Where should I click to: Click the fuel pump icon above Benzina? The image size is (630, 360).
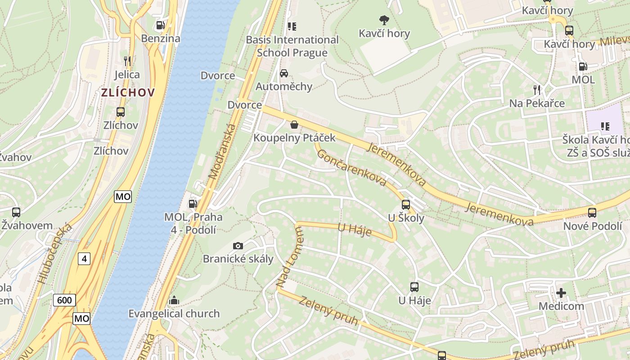point(160,25)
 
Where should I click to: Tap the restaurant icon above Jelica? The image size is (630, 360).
point(127,61)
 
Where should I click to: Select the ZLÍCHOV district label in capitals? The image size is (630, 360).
point(128,93)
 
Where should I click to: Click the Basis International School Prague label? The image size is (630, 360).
point(292,46)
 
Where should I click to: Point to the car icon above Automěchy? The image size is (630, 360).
point(284,73)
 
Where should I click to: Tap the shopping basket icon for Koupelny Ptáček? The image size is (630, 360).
point(294,124)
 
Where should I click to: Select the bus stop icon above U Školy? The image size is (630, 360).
point(406,205)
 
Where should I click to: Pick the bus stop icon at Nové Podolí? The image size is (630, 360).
point(592,213)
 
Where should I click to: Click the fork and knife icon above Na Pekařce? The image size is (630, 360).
point(536,90)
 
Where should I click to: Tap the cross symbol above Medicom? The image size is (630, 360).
point(561,293)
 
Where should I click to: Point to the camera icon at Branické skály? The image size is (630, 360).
point(238,246)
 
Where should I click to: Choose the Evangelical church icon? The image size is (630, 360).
point(174,300)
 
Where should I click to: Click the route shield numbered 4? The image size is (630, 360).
point(84,258)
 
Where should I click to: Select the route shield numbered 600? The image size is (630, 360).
point(65,300)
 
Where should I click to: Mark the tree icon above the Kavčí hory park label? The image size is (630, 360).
point(384,20)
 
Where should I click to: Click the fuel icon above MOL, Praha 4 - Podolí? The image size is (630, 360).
point(193,204)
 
